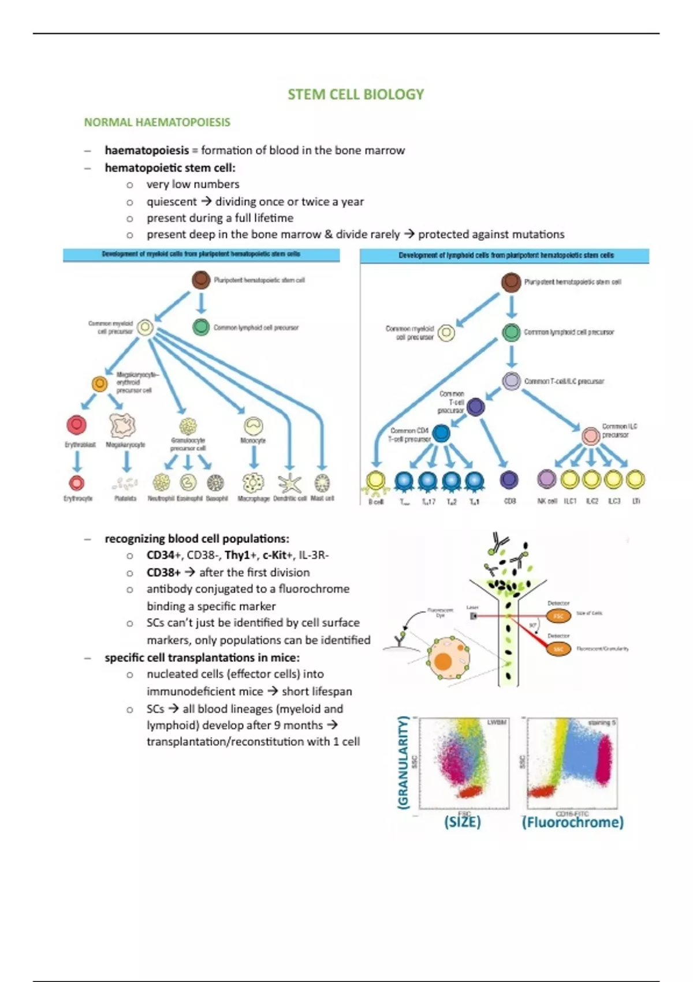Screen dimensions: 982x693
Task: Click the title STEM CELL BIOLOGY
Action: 356,95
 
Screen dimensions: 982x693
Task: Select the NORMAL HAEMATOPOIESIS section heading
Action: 157,122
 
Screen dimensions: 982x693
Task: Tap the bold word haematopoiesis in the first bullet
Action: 147,151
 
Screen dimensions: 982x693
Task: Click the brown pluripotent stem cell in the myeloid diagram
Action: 201,280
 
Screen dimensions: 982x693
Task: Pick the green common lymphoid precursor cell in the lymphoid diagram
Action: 511,332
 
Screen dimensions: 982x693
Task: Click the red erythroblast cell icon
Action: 76,425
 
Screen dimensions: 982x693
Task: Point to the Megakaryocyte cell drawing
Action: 122,426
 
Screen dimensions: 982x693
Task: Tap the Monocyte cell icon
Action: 253,426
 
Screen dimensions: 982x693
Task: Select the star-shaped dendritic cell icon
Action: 289,483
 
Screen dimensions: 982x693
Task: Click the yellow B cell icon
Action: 376,481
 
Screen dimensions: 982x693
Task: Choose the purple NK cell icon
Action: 546,479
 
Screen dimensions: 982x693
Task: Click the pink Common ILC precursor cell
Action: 590,436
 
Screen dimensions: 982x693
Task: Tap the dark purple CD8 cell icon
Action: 509,479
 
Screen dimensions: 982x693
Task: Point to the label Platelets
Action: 125,499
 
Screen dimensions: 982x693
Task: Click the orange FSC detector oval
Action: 558,616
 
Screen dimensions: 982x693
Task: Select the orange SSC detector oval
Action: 558,649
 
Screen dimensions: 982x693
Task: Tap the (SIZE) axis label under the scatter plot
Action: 462,822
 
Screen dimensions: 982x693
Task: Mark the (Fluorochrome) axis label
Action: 572,822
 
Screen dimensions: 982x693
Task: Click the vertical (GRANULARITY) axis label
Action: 403,762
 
